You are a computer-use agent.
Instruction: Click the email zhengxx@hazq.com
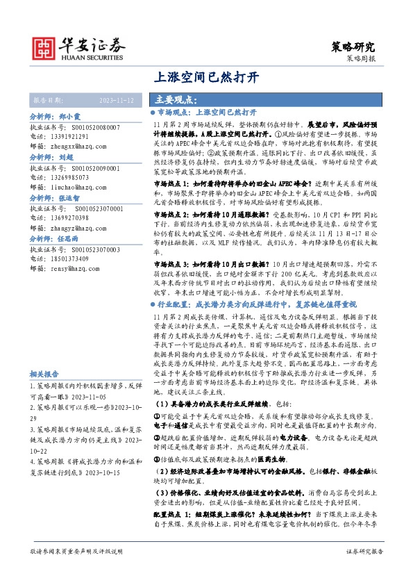click(78, 147)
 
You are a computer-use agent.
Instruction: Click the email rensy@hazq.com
click(74, 287)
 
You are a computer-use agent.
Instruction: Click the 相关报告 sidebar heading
click(43, 372)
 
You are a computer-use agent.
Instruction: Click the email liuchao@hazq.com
click(76, 186)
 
